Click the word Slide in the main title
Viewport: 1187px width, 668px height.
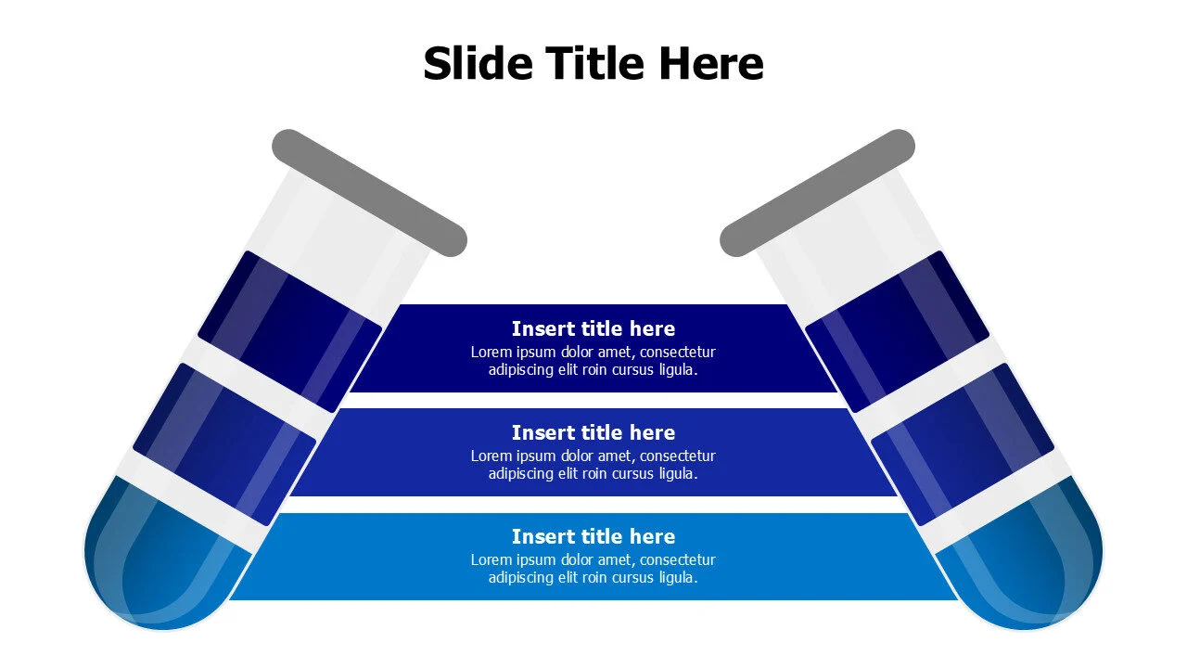pyautogui.click(x=478, y=63)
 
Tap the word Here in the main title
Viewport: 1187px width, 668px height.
pyautogui.click(x=711, y=63)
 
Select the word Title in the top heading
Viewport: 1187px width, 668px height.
pyautogui.click(x=596, y=63)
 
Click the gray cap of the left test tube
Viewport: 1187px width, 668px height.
pyautogui.click(x=369, y=193)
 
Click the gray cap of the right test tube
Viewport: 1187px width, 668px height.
pyautogui.click(x=817, y=193)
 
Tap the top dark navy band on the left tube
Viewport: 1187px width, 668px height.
pyautogui.click(x=290, y=331)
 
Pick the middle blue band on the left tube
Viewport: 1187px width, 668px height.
pyautogui.click(x=224, y=444)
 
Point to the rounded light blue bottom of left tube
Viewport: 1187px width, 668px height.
pyautogui.click(x=164, y=557)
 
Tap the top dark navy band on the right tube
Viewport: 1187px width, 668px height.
pyautogui.click(x=897, y=331)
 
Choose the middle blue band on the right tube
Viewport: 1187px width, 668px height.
pyautogui.click(x=963, y=444)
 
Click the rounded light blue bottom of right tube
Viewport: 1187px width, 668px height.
pyautogui.click(x=1023, y=557)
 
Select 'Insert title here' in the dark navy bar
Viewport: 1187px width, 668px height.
pyautogui.click(x=593, y=328)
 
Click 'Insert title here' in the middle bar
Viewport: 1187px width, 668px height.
pyautogui.click(x=593, y=432)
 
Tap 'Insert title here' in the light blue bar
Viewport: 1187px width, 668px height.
pyautogui.click(x=593, y=536)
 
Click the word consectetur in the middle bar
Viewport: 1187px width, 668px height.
pyautogui.click(x=678, y=456)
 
